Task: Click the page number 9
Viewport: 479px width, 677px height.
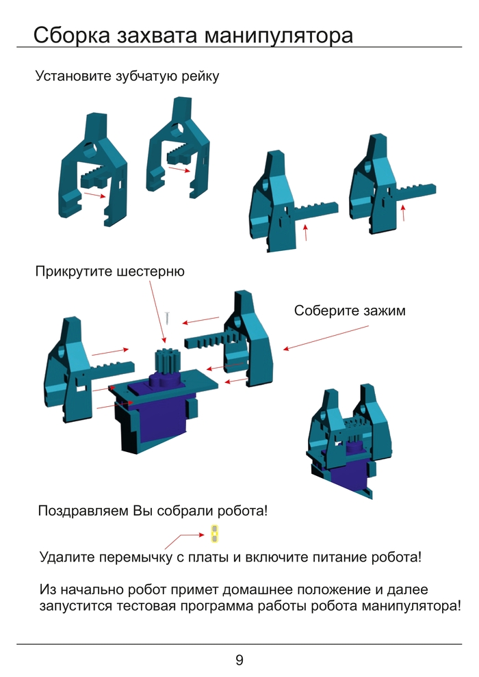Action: (x=239, y=660)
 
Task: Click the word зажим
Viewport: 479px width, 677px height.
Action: (x=383, y=311)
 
